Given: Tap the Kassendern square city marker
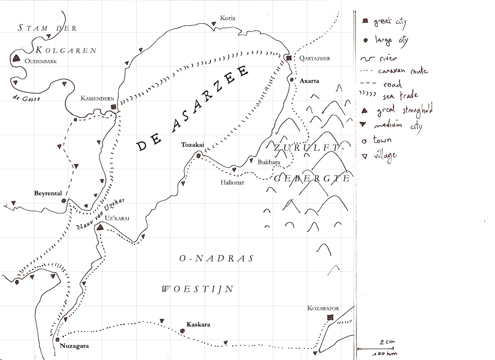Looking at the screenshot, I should pos(113,107).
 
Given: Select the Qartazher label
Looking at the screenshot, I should pos(315,58).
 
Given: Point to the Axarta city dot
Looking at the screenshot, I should pos(292,80).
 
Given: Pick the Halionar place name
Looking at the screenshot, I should pos(232,182).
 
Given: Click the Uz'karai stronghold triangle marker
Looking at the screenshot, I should pos(100,227).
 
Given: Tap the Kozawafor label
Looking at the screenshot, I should pos(323,309).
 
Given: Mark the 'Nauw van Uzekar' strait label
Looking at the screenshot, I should pos(99,213).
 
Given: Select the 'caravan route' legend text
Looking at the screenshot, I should pos(402,71).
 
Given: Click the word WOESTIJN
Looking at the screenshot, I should pos(197,289).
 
